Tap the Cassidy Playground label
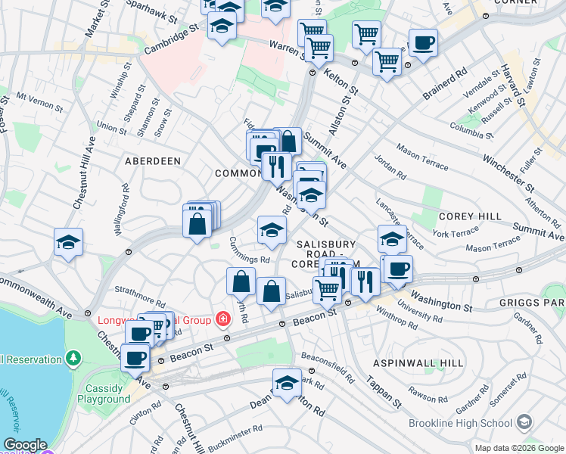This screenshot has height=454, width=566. click(x=104, y=393)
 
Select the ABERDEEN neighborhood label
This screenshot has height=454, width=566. click(x=154, y=161)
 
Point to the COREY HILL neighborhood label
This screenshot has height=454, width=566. click(x=470, y=216)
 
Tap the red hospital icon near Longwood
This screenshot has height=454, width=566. click(x=222, y=319)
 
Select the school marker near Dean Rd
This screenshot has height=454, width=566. click(x=287, y=383)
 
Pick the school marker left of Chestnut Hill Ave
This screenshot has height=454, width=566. click(x=68, y=243)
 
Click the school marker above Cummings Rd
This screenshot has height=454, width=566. click(x=272, y=230)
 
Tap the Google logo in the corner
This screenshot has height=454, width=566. click(x=24, y=445)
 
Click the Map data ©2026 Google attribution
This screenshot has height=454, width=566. click(x=519, y=448)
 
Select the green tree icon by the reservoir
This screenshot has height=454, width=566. click(x=73, y=356)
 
